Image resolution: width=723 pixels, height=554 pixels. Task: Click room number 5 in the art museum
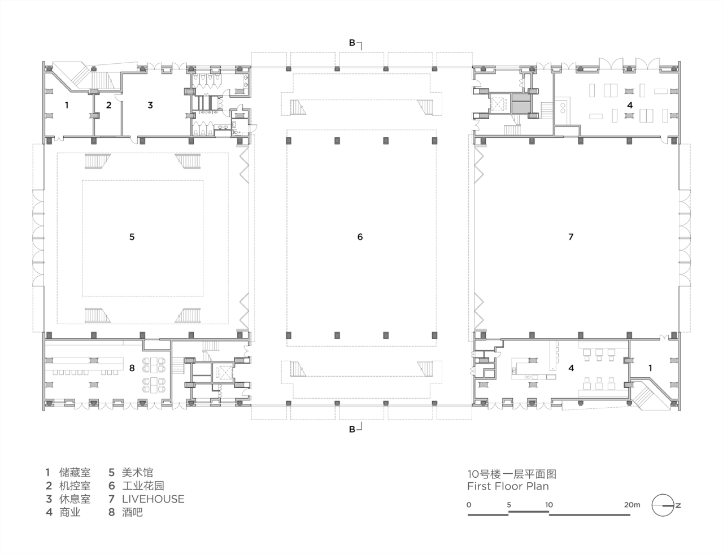pyautogui.click(x=132, y=237)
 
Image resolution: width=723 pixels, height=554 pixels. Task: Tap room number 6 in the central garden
pyautogui.click(x=360, y=237)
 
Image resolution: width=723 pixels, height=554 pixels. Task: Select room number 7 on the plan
pyautogui.click(x=570, y=237)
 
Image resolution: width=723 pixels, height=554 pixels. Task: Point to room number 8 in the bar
pyautogui.click(x=132, y=368)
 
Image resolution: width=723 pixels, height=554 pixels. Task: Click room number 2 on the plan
pyautogui.click(x=109, y=104)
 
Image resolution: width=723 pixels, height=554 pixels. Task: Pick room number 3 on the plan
pyautogui.click(x=150, y=104)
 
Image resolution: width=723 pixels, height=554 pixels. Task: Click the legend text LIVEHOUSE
pyautogui.click(x=153, y=499)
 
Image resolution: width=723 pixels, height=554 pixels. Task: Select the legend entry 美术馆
pyautogui.click(x=137, y=472)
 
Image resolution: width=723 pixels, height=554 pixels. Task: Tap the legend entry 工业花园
pyautogui.click(x=143, y=486)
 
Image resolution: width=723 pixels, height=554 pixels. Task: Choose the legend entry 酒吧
pyautogui.click(x=132, y=512)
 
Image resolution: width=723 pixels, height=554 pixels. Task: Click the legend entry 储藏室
pyautogui.click(x=75, y=472)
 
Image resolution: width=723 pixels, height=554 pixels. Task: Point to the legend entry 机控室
pyautogui.click(x=75, y=486)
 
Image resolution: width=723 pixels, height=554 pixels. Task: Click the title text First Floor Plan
pyautogui.click(x=508, y=486)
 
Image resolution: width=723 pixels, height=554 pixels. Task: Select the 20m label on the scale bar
pyautogui.click(x=632, y=504)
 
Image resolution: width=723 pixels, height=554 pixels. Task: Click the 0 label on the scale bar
pyautogui.click(x=469, y=504)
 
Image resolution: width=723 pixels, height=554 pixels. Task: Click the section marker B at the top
pyautogui.click(x=352, y=42)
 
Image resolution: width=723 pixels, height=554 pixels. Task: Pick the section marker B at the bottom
pyautogui.click(x=352, y=430)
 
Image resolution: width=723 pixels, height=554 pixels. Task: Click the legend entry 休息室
pyautogui.click(x=75, y=499)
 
